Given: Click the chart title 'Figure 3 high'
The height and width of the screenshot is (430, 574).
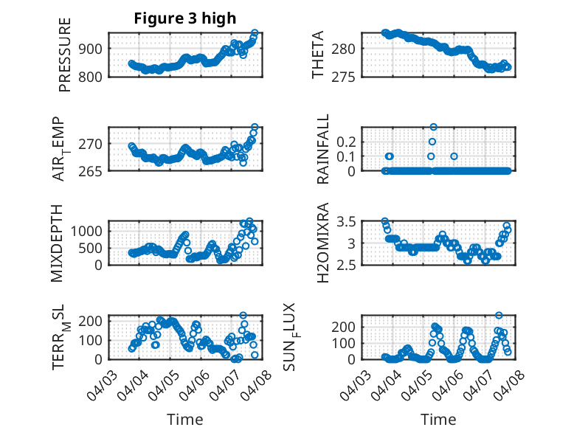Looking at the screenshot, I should (x=184, y=18).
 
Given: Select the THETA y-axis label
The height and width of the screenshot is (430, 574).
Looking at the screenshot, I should (x=318, y=55).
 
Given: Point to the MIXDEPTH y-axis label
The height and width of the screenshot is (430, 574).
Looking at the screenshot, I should (x=58, y=242).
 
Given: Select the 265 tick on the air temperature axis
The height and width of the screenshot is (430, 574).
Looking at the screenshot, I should (x=94, y=170).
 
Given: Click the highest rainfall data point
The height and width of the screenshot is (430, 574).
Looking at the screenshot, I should (x=433, y=127).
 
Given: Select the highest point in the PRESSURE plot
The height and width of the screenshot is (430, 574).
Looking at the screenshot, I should (x=255, y=33).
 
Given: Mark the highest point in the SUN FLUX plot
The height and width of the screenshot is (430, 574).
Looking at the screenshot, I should (x=499, y=316).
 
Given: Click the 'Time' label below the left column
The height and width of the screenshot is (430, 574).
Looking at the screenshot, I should (x=184, y=419).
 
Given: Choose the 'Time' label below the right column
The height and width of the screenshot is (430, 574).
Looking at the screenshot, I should (x=438, y=419).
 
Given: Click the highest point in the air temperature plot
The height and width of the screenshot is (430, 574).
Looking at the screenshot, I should (x=255, y=127).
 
